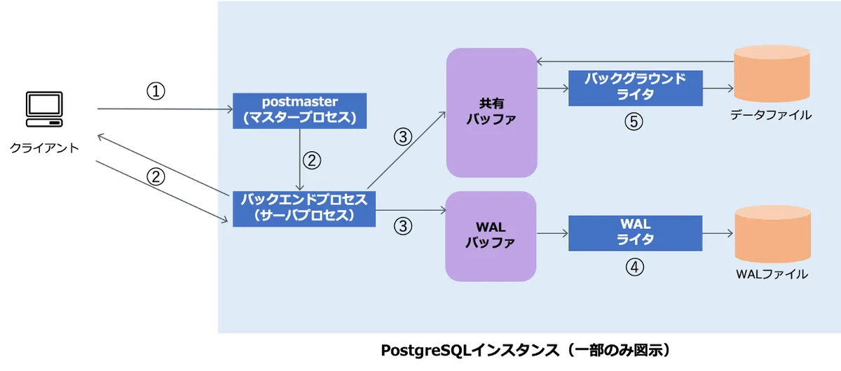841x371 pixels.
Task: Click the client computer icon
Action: [x=44, y=109]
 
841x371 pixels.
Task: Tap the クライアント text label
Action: [x=44, y=148]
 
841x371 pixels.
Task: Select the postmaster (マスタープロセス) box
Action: [x=300, y=111]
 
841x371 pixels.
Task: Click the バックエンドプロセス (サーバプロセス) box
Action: [x=304, y=209]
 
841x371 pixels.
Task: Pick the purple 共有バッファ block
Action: [x=492, y=113]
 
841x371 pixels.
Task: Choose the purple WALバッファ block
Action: [x=491, y=237]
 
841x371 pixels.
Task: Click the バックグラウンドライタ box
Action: [x=636, y=88]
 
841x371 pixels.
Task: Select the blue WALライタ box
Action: [x=635, y=233]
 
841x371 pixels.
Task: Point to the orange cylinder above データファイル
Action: [x=772, y=73]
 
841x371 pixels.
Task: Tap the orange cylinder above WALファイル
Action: [x=772, y=234]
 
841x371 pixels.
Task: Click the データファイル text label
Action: [x=771, y=115]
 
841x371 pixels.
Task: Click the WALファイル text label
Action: [x=772, y=274]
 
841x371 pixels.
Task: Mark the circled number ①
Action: [x=156, y=91]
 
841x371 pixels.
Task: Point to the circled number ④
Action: [x=634, y=267]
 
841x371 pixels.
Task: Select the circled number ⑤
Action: [x=634, y=122]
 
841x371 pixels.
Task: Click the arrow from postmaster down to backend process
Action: [x=300, y=160]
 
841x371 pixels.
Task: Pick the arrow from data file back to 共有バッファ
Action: [x=635, y=61]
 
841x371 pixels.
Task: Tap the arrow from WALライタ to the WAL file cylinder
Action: [x=718, y=233]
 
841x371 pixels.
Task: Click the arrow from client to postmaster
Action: [x=165, y=109]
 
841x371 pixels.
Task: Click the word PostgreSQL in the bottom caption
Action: [x=426, y=351]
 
